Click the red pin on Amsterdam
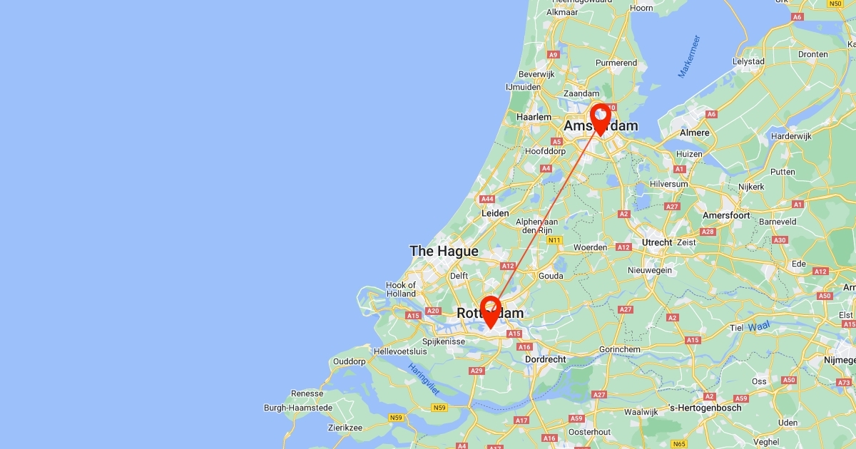[601, 117]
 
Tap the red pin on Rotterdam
[491, 310]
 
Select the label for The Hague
[444, 251]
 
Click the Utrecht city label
[657, 242]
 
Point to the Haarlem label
[534, 117]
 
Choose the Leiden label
[495, 213]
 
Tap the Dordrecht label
[546, 360]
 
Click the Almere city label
[695, 133]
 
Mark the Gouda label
[551, 276]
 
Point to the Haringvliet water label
[424, 378]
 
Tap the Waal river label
[759, 327]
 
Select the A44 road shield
[488, 199]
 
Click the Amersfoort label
[726, 215]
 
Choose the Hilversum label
[668, 184]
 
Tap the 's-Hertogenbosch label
[704, 408]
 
